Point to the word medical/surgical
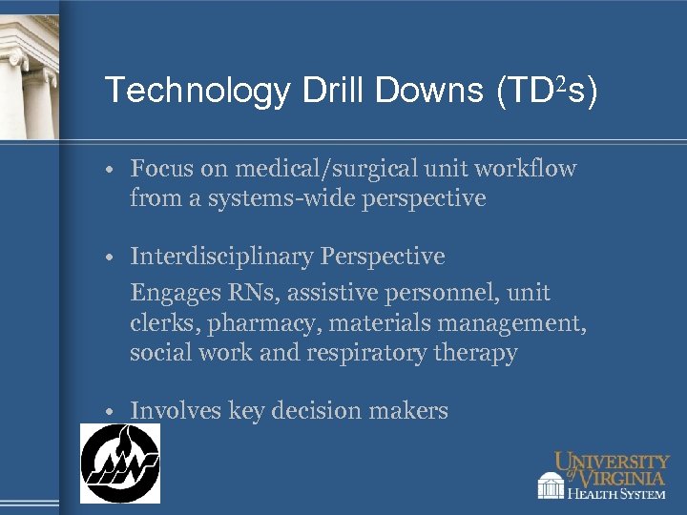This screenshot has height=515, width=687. [x=309, y=170]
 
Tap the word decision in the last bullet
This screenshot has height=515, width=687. [x=317, y=411]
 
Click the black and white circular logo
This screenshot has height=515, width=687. [x=119, y=463]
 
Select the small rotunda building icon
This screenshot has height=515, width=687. [x=551, y=486]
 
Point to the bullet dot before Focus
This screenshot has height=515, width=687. [x=113, y=171]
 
